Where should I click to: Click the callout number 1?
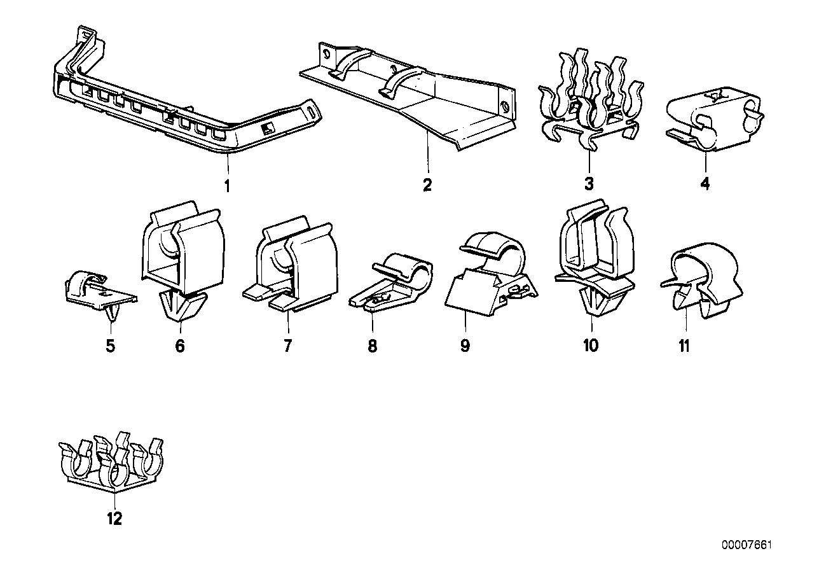227,186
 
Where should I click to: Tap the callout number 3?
589,185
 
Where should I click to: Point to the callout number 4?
705,185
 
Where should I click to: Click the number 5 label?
111,347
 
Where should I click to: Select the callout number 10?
590,346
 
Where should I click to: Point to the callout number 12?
114,519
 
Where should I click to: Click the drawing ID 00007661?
747,546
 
